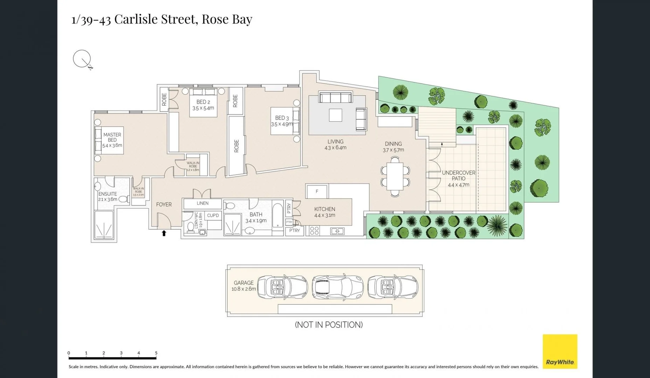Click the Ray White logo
click(560, 351)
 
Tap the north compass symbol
click(82, 59)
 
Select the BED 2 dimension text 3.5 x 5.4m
click(203, 108)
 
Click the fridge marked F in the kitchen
click(317, 191)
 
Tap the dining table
click(395, 176)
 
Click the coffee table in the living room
click(335, 115)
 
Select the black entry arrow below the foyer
click(164, 233)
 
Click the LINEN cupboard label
click(203, 203)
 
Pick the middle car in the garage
click(337, 287)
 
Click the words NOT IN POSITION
click(329, 325)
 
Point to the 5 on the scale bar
click(156, 353)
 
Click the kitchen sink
click(337, 231)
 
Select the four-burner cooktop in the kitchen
click(314, 231)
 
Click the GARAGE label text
click(244, 283)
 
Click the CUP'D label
click(213, 215)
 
